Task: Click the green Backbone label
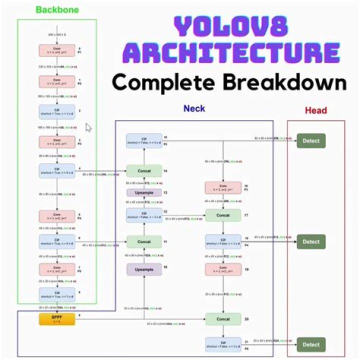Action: tap(57, 9)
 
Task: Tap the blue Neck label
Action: tap(194, 108)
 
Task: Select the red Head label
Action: tap(316, 111)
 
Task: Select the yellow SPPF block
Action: tap(56, 318)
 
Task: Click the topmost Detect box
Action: tap(311, 140)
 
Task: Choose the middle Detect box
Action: tap(311, 242)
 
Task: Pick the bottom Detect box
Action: tap(311, 344)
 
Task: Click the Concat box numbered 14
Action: tap(144, 171)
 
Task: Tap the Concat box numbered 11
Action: tap(144, 242)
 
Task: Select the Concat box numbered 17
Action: tap(223, 215)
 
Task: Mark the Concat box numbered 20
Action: tap(223, 318)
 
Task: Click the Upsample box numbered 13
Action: tap(144, 193)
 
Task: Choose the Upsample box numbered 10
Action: tap(144, 269)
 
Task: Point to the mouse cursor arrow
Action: tap(88, 127)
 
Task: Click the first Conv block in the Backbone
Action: tap(56, 50)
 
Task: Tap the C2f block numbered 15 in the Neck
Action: tap(144, 140)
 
